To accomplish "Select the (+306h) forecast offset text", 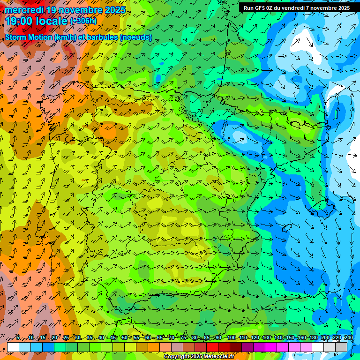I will pyautogui.click(x=83, y=21).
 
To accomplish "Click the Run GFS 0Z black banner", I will pyautogui.click(x=296, y=8).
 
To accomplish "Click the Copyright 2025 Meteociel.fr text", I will pyautogui.click(x=199, y=357).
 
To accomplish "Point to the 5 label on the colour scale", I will pyautogui.click(x=18, y=337).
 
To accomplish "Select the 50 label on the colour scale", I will pyautogui.click(x=124, y=337).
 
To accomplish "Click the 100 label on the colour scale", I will pyautogui.click(x=231, y=337).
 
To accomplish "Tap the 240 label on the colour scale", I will pyautogui.click(x=348, y=337).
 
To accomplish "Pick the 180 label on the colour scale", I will pyautogui.click(x=313, y=337).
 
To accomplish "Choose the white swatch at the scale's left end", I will pyautogui.click(x=13, y=346).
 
